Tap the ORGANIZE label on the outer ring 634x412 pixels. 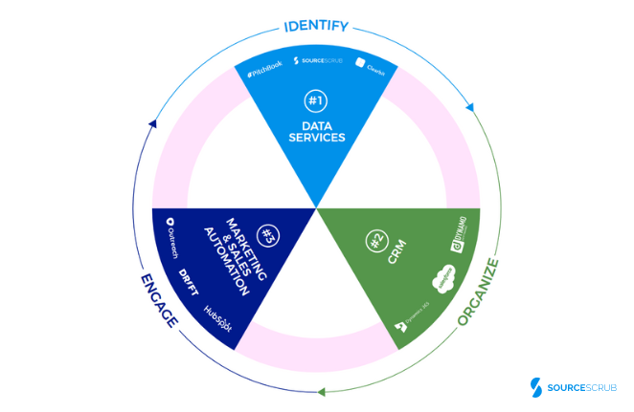coord(480,290)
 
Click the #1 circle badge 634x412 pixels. coord(315,100)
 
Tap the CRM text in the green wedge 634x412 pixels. coord(396,255)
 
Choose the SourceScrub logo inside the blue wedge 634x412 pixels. coord(317,64)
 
